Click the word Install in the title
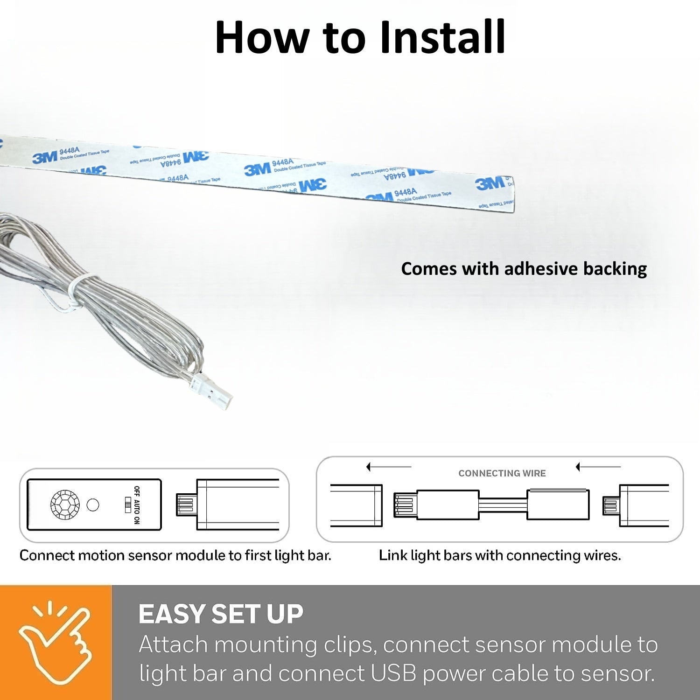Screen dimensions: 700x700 coord(442,37)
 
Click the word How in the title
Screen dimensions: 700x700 coord(261,37)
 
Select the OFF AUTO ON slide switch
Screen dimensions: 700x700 coord(128,505)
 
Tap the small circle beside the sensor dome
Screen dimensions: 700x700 coord(93,505)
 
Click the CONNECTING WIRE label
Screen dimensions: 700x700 coord(502,473)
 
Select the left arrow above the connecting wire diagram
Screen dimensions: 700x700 coord(388,467)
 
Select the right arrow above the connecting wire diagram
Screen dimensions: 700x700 coord(598,467)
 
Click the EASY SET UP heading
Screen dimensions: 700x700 coord(221,614)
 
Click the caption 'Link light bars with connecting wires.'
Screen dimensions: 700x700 coord(499,555)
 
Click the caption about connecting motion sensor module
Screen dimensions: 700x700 coord(175,555)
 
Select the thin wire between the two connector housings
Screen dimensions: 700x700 coord(503,505)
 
